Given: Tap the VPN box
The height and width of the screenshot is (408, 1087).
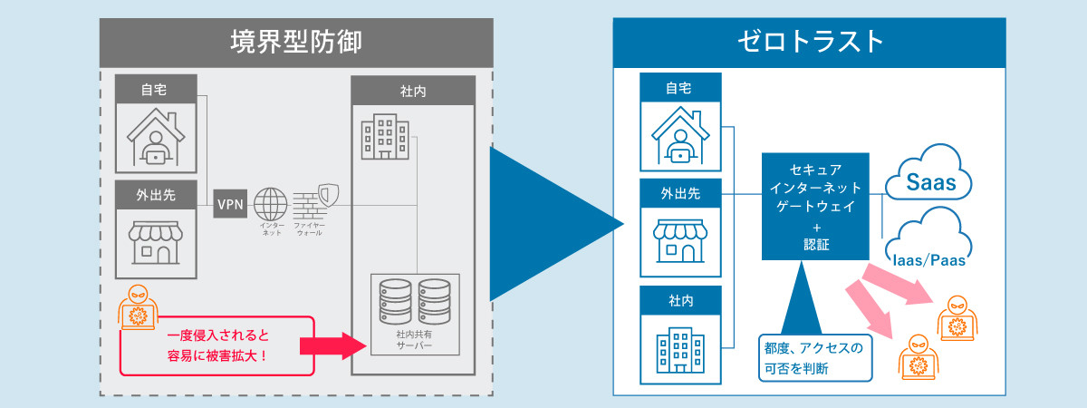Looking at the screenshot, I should tap(230, 205).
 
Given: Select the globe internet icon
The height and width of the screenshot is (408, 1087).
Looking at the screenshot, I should tap(271, 202).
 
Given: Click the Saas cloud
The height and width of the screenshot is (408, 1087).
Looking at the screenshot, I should tap(928, 179).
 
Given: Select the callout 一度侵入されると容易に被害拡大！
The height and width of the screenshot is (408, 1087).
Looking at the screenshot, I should tap(217, 345).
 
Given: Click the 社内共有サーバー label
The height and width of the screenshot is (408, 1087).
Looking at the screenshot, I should tap(415, 341).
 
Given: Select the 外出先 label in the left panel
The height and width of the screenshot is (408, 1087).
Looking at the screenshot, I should tap(156, 192).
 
